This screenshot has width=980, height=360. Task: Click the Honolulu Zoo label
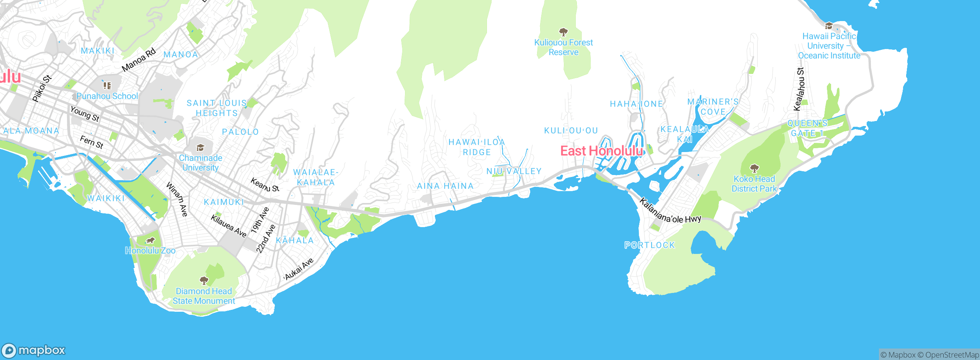point(150,250)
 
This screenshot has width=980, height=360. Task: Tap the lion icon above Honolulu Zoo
point(150,241)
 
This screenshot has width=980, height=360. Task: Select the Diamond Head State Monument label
point(204,296)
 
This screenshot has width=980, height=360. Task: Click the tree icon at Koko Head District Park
point(754,168)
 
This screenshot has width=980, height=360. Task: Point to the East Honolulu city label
point(601,151)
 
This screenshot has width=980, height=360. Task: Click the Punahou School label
point(107,96)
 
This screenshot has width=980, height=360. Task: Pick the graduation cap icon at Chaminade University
point(200,148)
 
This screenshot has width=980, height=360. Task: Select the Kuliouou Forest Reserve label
point(563,47)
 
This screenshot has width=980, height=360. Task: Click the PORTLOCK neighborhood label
point(650,245)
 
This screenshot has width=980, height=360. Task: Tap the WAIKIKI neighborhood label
point(106,198)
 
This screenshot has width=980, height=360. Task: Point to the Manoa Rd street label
point(139,60)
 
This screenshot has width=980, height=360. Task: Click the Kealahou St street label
point(799,89)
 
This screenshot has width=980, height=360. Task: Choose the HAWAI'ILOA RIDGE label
point(477,147)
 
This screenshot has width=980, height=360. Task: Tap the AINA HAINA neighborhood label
point(445,186)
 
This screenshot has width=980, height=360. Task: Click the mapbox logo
point(34,350)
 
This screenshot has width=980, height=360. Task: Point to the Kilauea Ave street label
point(229,226)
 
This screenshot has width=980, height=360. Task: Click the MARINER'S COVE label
point(713,107)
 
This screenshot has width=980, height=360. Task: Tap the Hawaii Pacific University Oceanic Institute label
point(829,46)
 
